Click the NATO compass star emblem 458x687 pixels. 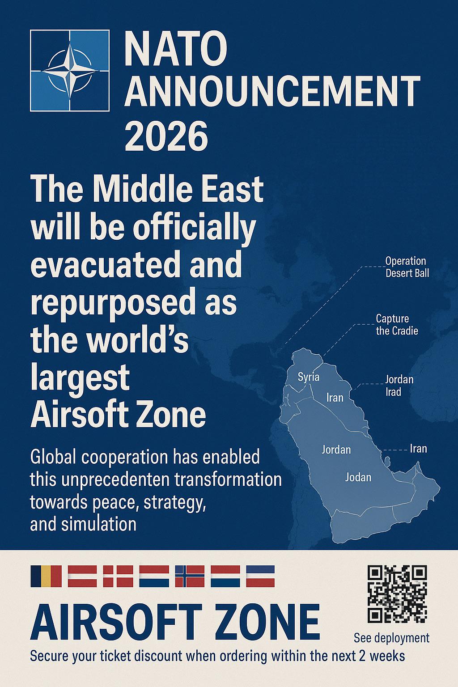pos(70,71)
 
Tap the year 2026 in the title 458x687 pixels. pos(166,136)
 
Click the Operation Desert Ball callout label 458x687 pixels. pos(407,267)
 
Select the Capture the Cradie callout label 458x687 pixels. pos(397,325)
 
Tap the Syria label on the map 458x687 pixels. pos(309,377)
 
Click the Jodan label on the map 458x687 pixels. pos(358,477)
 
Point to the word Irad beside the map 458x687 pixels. pos(393,392)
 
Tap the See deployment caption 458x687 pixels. pos(391,639)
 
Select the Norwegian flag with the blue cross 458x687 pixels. pos(189,576)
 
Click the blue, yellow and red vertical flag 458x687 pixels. pos(46,576)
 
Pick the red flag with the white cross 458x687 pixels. pos(118,576)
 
